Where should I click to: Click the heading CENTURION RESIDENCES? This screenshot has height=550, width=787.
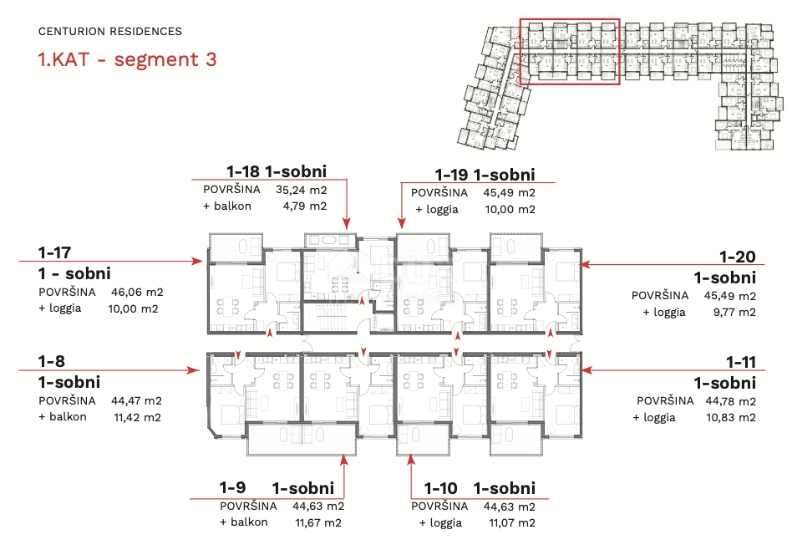(110, 31)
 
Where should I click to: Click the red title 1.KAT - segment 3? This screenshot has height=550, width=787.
(128, 59)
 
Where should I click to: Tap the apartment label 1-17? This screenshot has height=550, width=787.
(54, 252)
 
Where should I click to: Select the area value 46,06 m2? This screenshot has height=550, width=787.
(137, 292)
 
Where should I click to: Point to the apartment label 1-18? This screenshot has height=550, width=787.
(243, 171)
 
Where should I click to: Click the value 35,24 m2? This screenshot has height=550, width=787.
(301, 190)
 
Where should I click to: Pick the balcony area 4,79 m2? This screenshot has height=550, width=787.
(305, 206)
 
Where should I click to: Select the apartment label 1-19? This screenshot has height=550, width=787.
(452, 175)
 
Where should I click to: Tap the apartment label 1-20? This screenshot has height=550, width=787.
(738, 257)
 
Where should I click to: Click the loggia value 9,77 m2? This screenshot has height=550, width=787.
(734, 312)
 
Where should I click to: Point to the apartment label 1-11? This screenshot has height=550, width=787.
(741, 362)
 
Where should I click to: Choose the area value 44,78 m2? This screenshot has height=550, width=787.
(730, 401)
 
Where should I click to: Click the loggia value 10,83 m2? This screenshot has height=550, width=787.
(731, 417)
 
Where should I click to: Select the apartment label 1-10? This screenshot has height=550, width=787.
(440, 488)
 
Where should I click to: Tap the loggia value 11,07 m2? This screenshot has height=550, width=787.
(512, 523)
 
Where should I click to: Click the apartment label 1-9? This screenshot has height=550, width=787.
(232, 487)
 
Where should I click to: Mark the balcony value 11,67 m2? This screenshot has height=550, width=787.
(318, 523)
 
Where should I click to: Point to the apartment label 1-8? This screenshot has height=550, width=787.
(51, 361)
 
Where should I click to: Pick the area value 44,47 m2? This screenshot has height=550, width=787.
(136, 401)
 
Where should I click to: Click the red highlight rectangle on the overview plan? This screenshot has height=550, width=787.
(570, 52)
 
